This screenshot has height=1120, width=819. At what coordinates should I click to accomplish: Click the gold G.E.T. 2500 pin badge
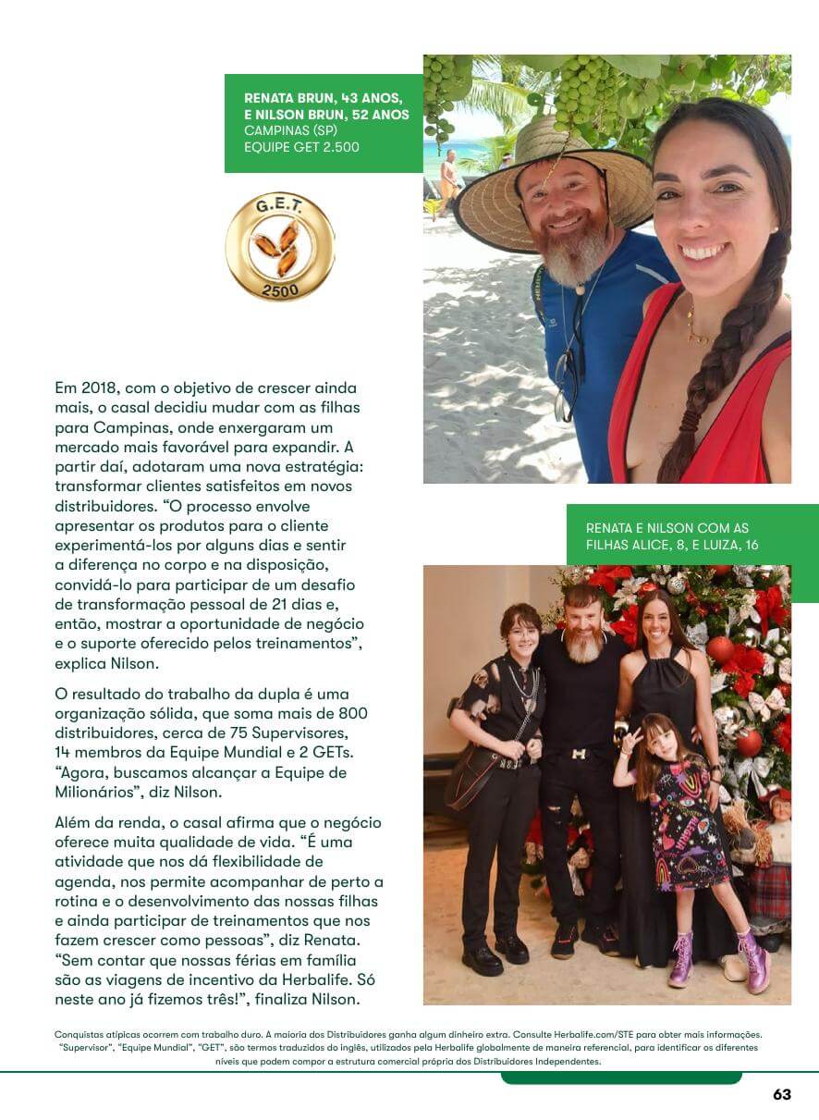pos(280,247)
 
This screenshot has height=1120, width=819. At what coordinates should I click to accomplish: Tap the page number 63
pos(782,1094)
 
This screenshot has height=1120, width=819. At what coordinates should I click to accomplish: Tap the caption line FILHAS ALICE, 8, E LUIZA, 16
pos(672,546)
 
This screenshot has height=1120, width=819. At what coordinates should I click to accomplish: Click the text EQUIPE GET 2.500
pos(301,147)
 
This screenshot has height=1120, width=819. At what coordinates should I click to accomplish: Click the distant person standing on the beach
pos(448,179)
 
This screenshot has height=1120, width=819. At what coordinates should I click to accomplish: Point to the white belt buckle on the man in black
pos(578,755)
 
